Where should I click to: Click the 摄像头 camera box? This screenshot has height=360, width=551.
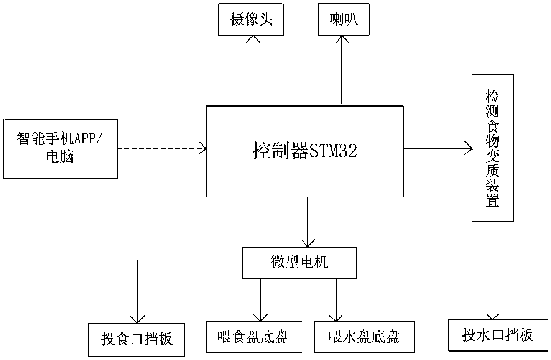251,20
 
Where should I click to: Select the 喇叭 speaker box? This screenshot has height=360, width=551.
344,20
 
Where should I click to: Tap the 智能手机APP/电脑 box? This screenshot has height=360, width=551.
60,148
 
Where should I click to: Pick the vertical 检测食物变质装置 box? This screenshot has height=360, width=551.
492,148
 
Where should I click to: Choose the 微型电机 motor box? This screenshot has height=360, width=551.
299,263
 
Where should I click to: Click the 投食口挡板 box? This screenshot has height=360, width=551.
136,339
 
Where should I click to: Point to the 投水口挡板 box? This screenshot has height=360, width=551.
497,335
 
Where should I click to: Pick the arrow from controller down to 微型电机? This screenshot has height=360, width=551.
307,222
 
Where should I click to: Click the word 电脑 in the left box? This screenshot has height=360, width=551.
60,157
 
